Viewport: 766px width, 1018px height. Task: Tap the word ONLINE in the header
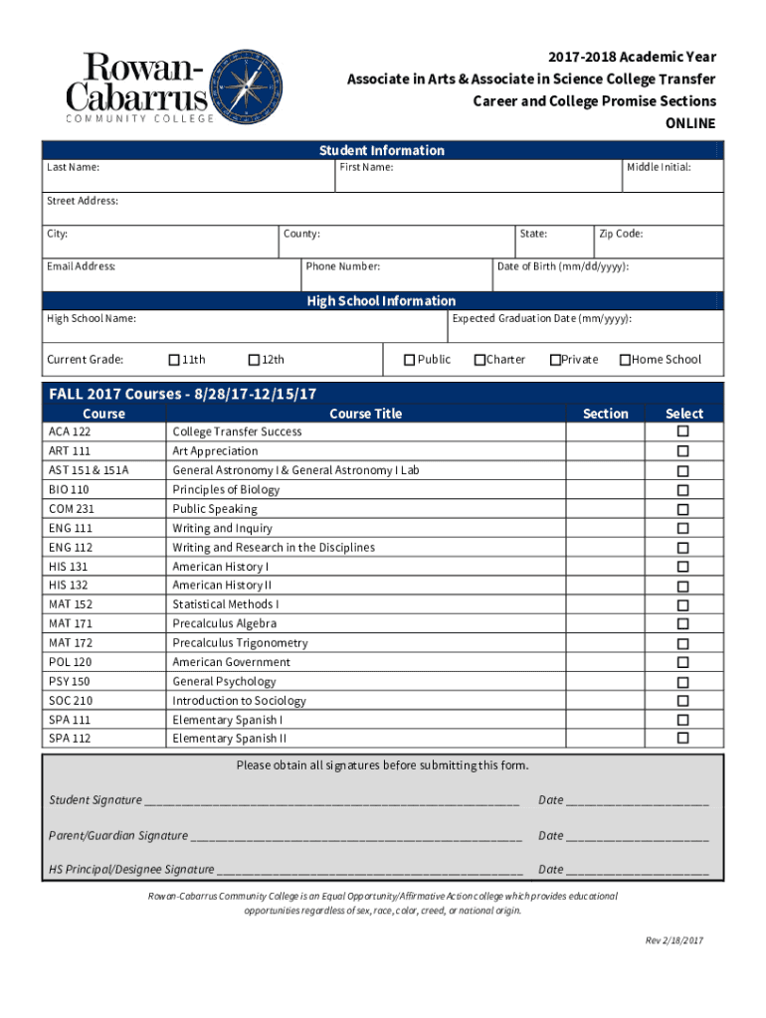[689, 124]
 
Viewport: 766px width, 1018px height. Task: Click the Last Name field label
[73, 167]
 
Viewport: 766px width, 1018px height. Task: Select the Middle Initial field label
[659, 167]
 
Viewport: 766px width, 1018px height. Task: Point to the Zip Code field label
[621, 234]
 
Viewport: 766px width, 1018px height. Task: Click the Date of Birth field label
[562, 266]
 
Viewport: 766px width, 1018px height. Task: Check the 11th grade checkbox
[174, 360]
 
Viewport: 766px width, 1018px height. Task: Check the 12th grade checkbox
[254, 360]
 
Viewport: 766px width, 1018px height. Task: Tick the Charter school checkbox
[479, 360]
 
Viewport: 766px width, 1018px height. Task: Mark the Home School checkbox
[625, 360]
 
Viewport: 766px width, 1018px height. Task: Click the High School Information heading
[381, 301]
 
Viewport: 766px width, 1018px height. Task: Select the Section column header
[606, 414]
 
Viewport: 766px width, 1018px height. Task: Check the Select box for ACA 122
[683, 431]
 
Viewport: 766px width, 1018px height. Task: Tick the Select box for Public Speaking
[683, 509]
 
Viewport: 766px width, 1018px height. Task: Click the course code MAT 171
[71, 624]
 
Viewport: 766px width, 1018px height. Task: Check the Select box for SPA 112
[683, 739]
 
